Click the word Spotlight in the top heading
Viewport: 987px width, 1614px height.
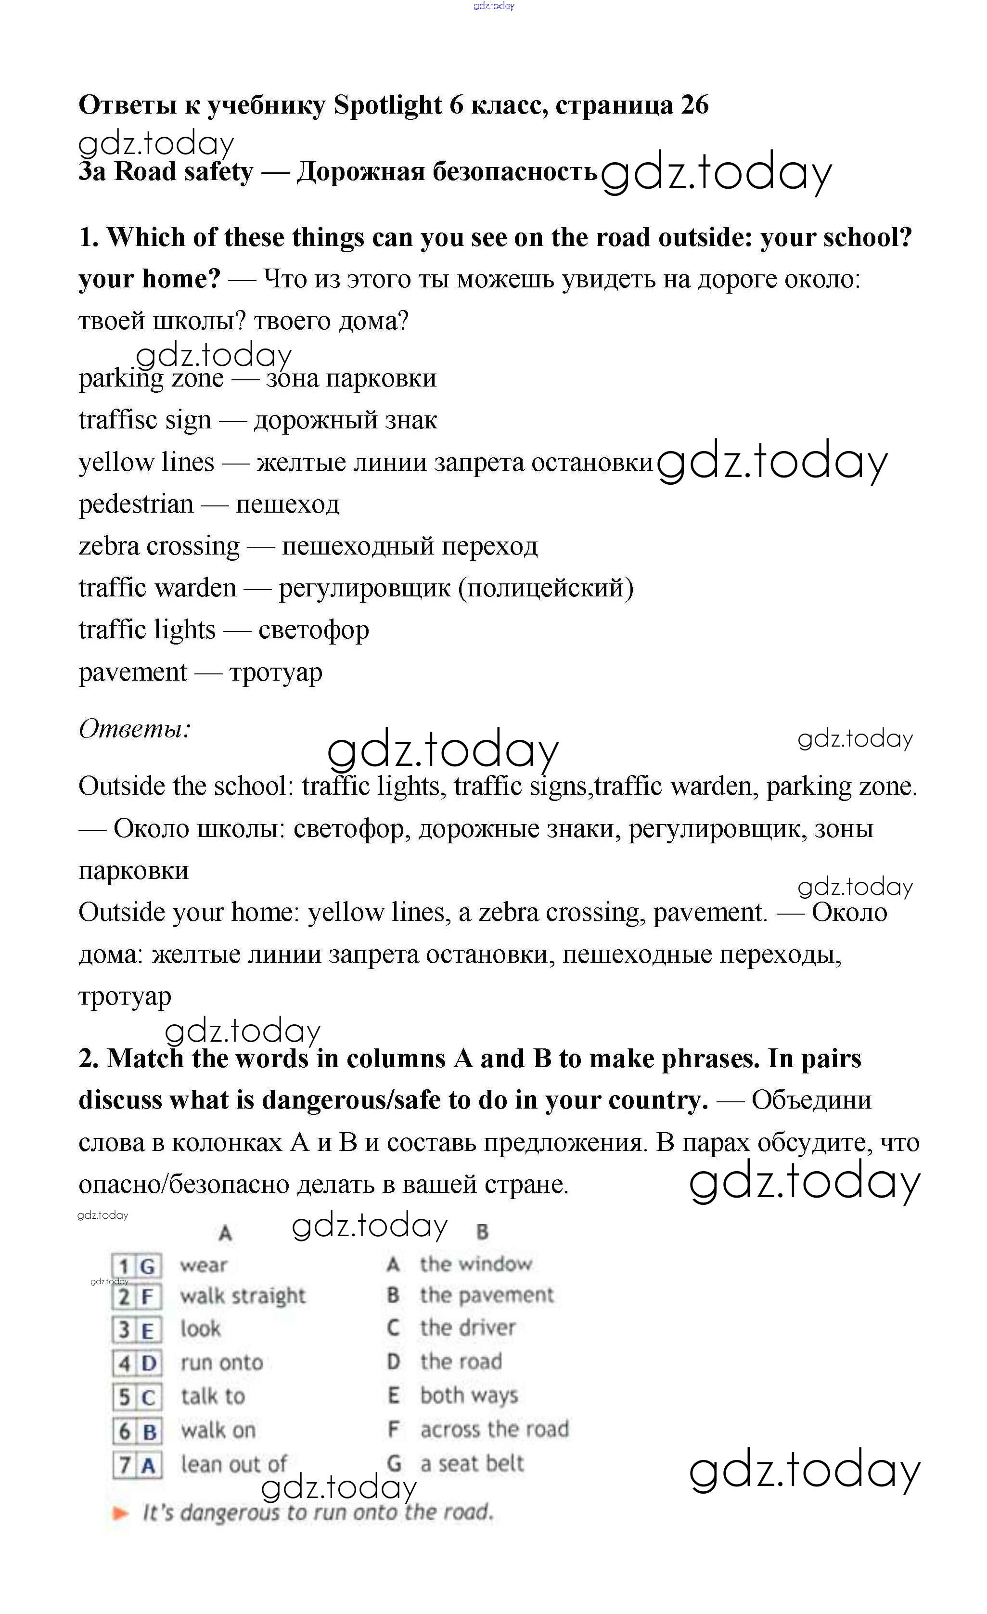click(388, 105)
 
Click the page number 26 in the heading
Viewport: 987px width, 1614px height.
click(694, 105)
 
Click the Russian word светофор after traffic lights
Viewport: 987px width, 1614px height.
click(314, 630)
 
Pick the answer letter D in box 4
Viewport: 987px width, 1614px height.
click(149, 1363)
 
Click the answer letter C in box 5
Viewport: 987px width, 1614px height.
click(148, 1397)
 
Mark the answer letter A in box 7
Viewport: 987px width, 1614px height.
click(148, 1465)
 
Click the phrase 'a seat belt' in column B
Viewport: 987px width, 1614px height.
click(472, 1463)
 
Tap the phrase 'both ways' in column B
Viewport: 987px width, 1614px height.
click(469, 1395)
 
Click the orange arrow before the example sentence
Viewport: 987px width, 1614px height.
click(120, 1512)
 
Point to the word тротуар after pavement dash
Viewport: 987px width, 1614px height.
click(276, 673)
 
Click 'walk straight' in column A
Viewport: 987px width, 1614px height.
click(243, 1296)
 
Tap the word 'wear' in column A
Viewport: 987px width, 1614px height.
click(204, 1265)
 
